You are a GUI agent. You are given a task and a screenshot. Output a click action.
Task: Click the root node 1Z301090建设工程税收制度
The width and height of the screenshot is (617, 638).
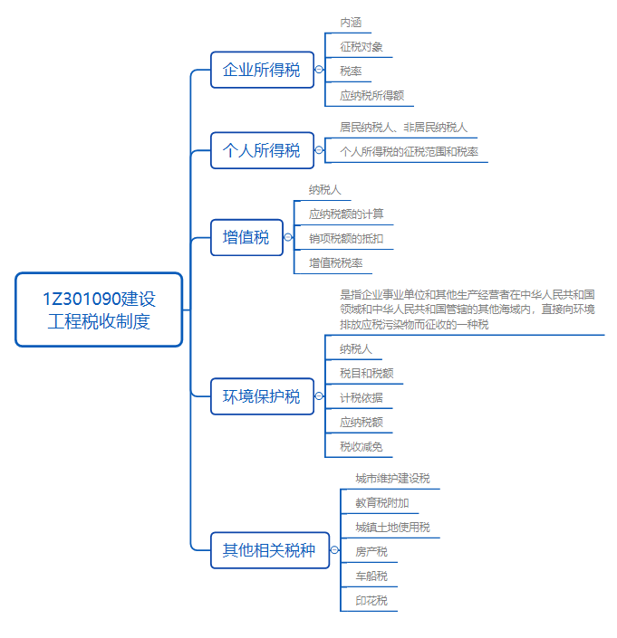99,309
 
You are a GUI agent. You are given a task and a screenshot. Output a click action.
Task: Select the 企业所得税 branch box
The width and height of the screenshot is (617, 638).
261,70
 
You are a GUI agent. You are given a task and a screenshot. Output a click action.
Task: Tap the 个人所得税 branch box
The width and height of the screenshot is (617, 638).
261,150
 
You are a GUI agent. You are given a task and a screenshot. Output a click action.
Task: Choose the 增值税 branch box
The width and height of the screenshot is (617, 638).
246,237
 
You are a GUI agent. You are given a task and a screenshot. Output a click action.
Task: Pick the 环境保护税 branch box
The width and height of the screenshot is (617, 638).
261,396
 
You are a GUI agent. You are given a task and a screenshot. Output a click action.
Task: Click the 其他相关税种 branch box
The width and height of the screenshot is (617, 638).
269,550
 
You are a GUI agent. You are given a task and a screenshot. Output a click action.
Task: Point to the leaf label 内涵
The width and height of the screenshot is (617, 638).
351,22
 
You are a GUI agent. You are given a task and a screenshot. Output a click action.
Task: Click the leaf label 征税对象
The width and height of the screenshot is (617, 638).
360,46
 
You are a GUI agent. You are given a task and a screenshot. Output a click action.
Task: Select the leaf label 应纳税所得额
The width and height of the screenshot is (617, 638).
371,94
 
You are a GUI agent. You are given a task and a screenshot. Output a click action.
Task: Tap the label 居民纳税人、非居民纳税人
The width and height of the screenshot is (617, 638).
403,128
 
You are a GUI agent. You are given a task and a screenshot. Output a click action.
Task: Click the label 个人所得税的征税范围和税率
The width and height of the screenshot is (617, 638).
409,152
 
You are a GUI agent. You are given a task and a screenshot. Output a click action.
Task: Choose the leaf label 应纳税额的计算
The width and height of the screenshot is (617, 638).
346,214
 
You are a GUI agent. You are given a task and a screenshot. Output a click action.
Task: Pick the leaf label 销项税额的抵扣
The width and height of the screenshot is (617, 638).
346,239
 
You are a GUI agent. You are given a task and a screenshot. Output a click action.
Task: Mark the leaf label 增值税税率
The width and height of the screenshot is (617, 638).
335,263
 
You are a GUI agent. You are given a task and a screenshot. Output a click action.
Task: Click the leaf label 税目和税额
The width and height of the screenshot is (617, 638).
366,373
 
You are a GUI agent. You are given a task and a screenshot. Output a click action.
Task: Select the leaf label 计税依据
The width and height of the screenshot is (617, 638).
360,397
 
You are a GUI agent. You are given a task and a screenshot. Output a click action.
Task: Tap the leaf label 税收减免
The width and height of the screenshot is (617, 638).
360,446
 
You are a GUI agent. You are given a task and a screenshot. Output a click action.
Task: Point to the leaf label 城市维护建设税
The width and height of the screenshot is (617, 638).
392,478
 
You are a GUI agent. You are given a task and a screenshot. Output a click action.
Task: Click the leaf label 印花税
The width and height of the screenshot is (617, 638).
371,600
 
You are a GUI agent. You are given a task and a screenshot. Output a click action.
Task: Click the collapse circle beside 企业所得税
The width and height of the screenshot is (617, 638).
319,70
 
